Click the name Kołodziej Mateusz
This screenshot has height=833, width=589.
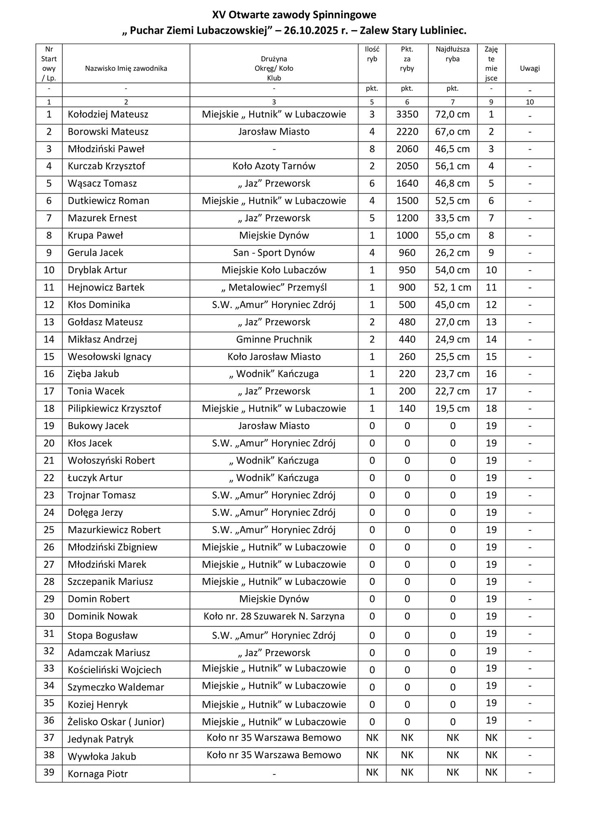click(x=108, y=115)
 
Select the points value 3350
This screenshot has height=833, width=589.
click(x=407, y=115)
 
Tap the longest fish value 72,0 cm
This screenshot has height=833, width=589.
click(x=452, y=115)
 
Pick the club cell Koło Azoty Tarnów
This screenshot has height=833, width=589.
click(x=274, y=166)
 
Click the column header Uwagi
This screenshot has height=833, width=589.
click(x=530, y=69)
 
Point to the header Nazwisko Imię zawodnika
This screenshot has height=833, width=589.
click(x=126, y=69)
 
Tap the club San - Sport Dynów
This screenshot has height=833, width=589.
click(x=274, y=253)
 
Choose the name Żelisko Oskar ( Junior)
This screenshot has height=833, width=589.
click(x=116, y=722)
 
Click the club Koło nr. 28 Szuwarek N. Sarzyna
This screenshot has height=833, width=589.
click(x=274, y=617)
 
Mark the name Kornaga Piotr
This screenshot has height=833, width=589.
click(x=98, y=774)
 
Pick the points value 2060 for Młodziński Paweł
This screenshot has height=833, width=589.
click(x=407, y=149)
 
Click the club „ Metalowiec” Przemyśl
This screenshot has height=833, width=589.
click(x=274, y=288)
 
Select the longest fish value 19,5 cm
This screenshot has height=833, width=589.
click(x=452, y=409)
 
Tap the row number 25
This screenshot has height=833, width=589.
click(x=49, y=530)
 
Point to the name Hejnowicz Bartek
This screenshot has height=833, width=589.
click(x=106, y=288)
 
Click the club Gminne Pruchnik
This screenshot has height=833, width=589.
click(x=274, y=340)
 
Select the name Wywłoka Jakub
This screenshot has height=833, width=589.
click(x=102, y=757)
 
